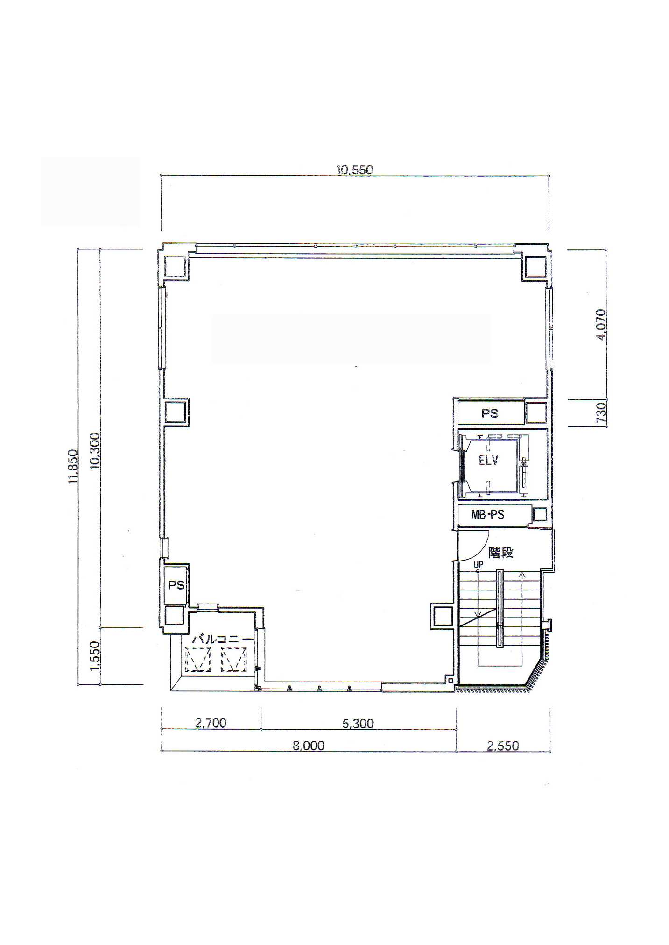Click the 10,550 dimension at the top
pyautogui.click(x=355, y=170)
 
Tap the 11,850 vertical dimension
pyautogui.click(x=72, y=466)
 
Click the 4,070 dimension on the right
pyautogui.click(x=601, y=325)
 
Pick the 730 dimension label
pyautogui.click(x=601, y=413)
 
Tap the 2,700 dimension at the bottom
pyautogui.click(x=211, y=723)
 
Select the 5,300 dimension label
pyautogui.click(x=358, y=724)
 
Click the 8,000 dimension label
pyautogui.click(x=309, y=746)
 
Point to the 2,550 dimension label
pyautogui.click(x=503, y=746)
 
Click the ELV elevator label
pyautogui.click(x=488, y=461)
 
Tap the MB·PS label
pyautogui.click(x=487, y=515)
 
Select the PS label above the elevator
pyautogui.click(x=490, y=413)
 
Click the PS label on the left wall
pyautogui.click(x=176, y=585)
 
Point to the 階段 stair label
pyautogui.click(x=501, y=553)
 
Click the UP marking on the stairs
pyautogui.click(x=479, y=565)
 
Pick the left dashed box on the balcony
pyautogui.click(x=198, y=660)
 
